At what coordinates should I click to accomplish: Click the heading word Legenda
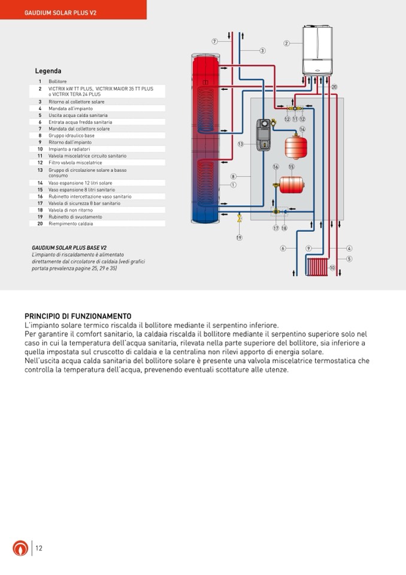click(x=48, y=71)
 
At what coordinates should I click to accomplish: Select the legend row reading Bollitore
click(x=57, y=82)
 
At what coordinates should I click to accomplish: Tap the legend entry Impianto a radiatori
click(x=69, y=149)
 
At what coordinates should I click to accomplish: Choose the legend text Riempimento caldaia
click(x=71, y=223)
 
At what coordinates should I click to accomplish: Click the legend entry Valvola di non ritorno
click(x=71, y=210)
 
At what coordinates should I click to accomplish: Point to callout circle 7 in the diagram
click(x=215, y=41)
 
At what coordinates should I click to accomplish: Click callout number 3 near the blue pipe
click(x=262, y=50)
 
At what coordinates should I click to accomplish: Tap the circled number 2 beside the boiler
click(x=287, y=43)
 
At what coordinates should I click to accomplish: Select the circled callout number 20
click(x=334, y=87)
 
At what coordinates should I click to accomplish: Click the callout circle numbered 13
click(x=240, y=144)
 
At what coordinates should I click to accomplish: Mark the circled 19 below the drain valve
click(x=239, y=237)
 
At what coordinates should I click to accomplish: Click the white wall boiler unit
click(x=317, y=50)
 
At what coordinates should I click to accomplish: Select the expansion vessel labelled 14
click(x=296, y=147)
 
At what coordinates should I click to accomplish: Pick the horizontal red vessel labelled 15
click(x=292, y=185)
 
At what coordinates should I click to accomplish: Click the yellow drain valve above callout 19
click(x=240, y=219)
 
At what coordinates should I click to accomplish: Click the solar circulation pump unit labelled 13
click(x=263, y=134)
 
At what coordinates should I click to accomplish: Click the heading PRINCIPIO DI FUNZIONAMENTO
click(x=78, y=316)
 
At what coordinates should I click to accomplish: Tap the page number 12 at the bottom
click(x=39, y=548)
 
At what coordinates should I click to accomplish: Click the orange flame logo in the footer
click(x=20, y=548)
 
